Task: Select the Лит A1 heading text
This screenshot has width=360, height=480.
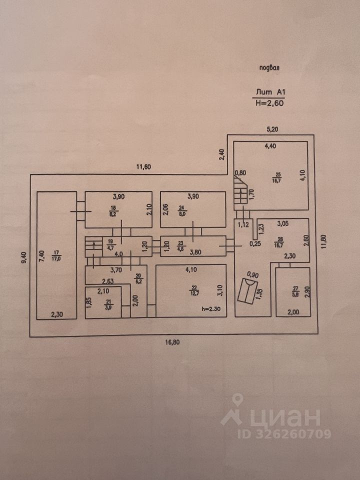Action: pos(270,92)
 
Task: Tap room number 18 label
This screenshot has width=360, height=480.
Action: pos(113,208)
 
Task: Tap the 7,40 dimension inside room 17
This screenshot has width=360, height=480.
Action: pos(42,256)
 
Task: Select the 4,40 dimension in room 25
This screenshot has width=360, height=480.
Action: pos(270,146)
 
